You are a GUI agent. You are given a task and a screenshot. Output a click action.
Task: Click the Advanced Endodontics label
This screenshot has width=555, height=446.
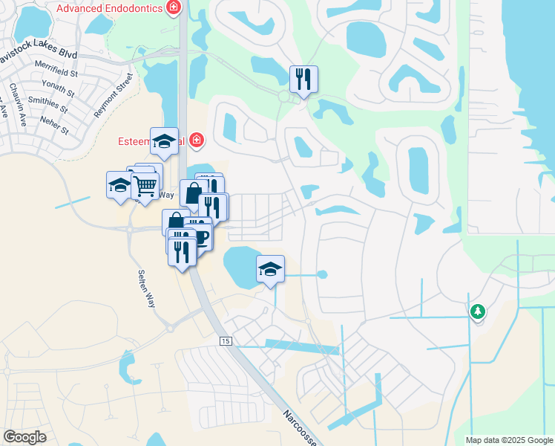coord(111,8)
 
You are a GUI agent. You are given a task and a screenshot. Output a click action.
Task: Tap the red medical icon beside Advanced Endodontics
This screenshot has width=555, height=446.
coord(174,8)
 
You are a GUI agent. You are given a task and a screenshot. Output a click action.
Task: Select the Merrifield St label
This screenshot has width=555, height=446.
coord(56,72)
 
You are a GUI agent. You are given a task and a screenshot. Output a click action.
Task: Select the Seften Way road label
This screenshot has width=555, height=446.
coord(146,289)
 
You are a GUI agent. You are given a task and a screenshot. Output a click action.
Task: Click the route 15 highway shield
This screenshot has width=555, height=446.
coord(226,340)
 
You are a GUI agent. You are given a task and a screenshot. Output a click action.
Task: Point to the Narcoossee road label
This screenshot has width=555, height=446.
coord(302,427)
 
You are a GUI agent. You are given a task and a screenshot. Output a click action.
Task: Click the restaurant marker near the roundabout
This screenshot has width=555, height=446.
coord(303,79)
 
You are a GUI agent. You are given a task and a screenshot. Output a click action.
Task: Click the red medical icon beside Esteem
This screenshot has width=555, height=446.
coord(196,140)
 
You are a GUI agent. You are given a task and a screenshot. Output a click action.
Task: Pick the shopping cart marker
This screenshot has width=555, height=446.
coord(146,185)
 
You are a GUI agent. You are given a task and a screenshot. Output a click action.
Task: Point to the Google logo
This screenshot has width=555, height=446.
coord(24,437)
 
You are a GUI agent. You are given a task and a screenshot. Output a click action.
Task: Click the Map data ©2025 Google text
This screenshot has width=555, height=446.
coord(509,440)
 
